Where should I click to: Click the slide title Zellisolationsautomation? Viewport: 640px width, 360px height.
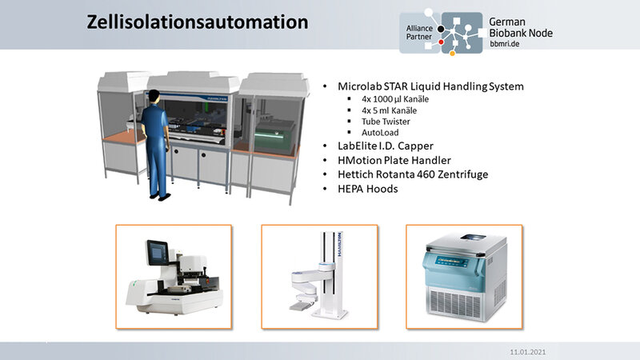[x=198, y=22]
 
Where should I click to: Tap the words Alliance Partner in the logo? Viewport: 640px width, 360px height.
[x=419, y=32]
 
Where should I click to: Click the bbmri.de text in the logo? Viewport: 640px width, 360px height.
[x=505, y=44]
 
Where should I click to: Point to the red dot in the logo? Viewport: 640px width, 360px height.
[x=441, y=42]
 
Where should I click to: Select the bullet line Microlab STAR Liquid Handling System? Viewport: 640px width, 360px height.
[x=430, y=86]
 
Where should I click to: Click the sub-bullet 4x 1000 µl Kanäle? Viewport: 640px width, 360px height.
[x=395, y=99]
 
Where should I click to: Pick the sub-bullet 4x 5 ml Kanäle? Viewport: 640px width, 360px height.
[x=389, y=110]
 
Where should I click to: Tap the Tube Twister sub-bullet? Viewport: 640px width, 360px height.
[x=386, y=122]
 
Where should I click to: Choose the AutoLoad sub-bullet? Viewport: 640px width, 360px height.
[x=380, y=133]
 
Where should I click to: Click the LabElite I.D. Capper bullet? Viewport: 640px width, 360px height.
[x=386, y=146]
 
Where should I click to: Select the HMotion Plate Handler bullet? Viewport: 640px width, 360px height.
[x=394, y=161]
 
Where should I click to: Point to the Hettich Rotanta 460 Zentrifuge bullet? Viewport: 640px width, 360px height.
[x=413, y=174]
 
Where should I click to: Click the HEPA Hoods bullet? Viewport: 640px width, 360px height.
[x=368, y=189]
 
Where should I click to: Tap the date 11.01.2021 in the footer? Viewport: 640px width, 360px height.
[x=527, y=352]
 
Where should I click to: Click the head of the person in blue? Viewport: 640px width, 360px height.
[x=154, y=96]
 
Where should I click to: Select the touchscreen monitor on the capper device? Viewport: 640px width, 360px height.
[x=158, y=252]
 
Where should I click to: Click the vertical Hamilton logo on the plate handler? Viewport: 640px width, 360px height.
[x=339, y=245]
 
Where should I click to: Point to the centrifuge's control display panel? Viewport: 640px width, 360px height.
[x=452, y=262]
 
